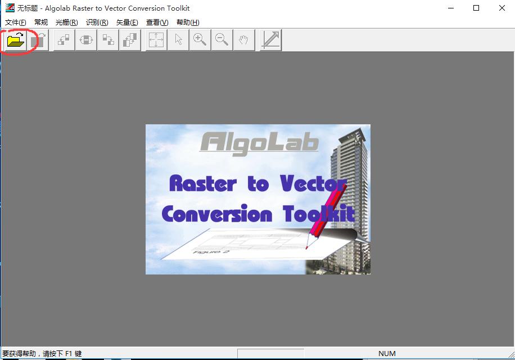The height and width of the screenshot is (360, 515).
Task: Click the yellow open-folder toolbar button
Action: tap(16, 40)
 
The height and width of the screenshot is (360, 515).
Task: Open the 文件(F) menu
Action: tap(16, 22)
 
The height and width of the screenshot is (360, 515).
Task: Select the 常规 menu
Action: tap(41, 22)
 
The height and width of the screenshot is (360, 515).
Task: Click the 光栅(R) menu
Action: tap(66, 22)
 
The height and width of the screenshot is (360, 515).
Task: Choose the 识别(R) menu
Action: tap(97, 22)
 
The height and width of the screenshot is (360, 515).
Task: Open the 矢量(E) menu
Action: tap(127, 22)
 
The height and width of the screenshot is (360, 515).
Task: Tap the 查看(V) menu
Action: tap(157, 22)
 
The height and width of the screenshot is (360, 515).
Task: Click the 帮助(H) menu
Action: tap(188, 22)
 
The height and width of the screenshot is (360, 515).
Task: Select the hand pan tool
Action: tap(243, 40)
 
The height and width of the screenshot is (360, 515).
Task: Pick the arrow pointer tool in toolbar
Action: tap(178, 40)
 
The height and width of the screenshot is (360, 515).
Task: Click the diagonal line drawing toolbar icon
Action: tap(271, 40)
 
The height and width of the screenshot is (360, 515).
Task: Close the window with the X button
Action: tap(502, 8)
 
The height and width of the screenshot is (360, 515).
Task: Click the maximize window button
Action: tap(476, 8)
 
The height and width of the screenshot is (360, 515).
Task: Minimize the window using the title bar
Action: tap(450, 8)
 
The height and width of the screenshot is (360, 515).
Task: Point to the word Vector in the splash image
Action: tap(313, 183)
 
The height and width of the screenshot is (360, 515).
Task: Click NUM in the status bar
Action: tap(387, 354)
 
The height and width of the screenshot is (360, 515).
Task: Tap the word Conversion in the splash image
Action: tap(216, 214)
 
